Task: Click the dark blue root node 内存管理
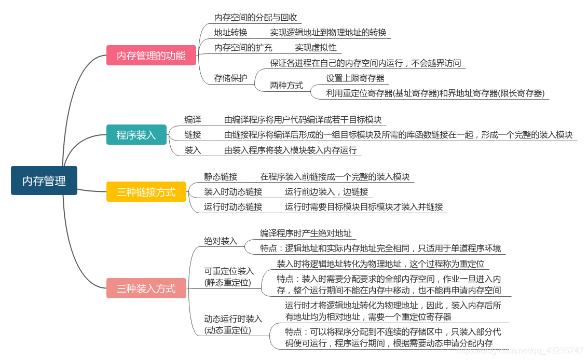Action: point(44,181)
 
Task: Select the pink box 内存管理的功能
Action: point(151,56)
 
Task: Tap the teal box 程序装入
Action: point(136,135)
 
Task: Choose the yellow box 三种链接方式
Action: point(146,191)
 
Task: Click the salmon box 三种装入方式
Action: point(146,288)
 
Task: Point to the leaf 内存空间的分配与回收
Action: point(255,17)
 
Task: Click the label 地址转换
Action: point(230,33)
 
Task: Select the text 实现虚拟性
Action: point(316,48)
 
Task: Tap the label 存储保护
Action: point(230,78)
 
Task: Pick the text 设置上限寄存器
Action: point(355,78)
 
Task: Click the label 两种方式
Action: point(286,86)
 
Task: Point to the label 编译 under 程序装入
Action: point(193,119)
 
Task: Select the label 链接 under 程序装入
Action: point(193,135)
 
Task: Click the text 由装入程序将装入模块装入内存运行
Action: point(290,150)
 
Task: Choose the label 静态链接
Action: point(221,176)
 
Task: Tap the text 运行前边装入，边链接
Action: point(326,192)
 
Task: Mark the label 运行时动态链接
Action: point(233,206)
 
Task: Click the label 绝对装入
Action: point(221,241)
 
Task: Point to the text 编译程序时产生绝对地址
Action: point(306,233)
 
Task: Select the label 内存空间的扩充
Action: point(243,48)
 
